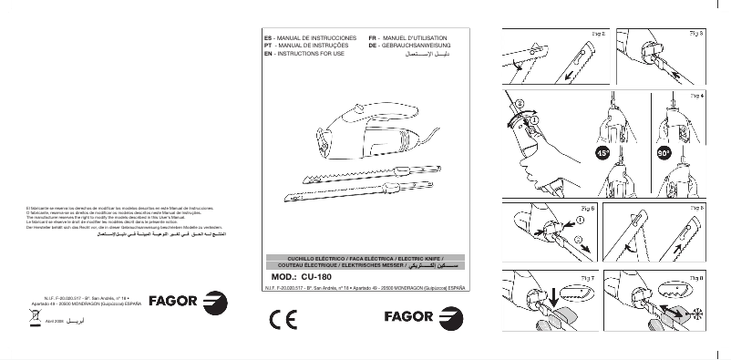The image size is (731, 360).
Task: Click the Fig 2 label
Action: (x=599, y=32)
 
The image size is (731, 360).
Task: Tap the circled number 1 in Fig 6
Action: (x=580, y=219)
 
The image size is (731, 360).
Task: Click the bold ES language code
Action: (x=267, y=36)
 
